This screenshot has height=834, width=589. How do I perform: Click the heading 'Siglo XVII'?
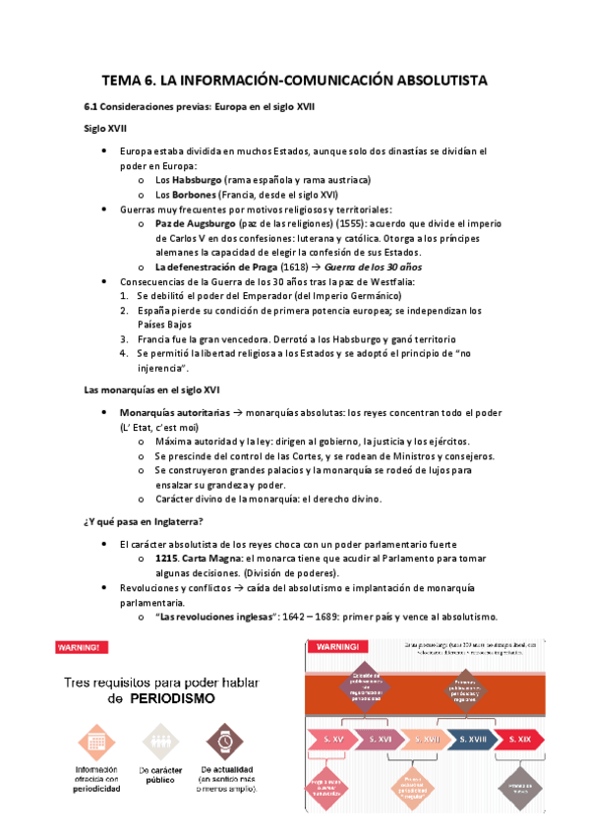pos(104,128)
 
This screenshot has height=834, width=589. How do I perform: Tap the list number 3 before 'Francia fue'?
pos(124,338)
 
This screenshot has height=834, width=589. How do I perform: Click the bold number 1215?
pos(166,559)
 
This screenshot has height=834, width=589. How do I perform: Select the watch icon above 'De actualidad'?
pos(221,740)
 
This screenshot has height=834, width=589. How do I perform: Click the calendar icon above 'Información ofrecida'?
pos(95,740)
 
